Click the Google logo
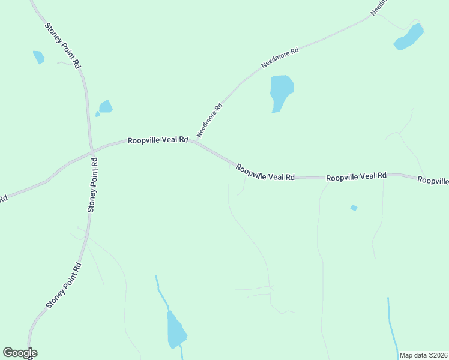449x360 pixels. click(20, 353)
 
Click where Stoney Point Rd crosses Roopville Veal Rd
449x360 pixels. click(92, 151)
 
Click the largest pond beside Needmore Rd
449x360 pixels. click(281, 90)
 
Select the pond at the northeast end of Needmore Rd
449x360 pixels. click(409, 37)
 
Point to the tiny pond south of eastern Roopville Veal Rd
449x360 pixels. click(354, 208)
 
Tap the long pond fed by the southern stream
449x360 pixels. click(176, 331)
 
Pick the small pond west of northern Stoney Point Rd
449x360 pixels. click(38, 57)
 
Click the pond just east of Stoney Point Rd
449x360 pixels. click(106, 107)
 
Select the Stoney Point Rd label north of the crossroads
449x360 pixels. click(62, 45)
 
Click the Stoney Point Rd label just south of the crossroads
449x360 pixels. click(92, 185)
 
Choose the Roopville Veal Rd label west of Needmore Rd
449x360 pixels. click(158, 140)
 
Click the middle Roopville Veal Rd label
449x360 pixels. click(265, 173)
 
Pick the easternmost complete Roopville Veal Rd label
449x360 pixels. click(356, 176)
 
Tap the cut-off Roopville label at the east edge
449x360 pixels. click(433, 180)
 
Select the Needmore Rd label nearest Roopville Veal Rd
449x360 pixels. click(209, 120)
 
